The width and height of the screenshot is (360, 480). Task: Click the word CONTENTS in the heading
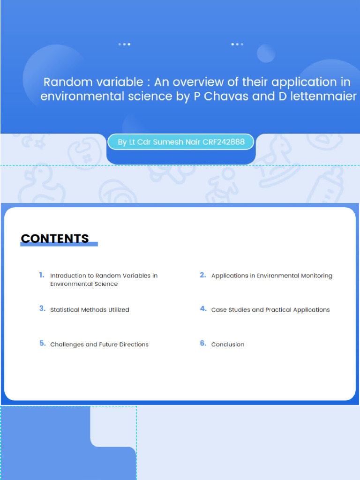click(x=55, y=238)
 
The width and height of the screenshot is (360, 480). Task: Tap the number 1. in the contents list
click(x=42, y=275)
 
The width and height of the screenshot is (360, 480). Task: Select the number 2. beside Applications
click(x=203, y=275)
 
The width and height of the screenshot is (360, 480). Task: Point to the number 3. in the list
click(x=42, y=309)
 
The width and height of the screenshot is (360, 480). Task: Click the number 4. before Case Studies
click(x=203, y=309)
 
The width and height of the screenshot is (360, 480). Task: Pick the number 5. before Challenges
click(x=42, y=344)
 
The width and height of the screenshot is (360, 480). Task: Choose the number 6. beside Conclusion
click(x=203, y=344)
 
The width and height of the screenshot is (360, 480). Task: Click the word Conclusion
click(x=228, y=345)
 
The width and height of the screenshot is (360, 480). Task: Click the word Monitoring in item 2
click(x=314, y=276)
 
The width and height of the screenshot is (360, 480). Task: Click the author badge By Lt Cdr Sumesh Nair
click(x=180, y=142)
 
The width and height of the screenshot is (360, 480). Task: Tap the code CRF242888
click(x=224, y=142)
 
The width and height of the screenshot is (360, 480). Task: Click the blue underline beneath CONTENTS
click(x=59, y=244)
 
